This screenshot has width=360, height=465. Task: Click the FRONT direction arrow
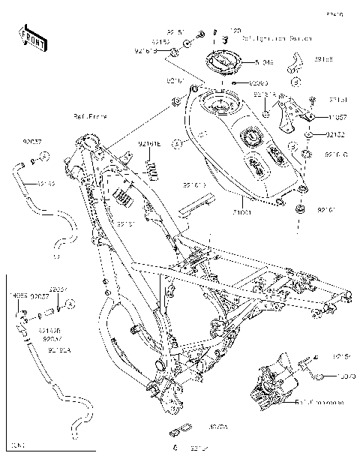(31, 37)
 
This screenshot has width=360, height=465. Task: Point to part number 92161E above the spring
(148, 143)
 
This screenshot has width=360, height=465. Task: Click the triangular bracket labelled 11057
(294, 113)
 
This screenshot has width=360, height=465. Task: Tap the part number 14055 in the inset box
(18, 295)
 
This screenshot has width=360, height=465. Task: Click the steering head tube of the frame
(89, 142)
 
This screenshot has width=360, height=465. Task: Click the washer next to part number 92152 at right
(308, 136)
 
